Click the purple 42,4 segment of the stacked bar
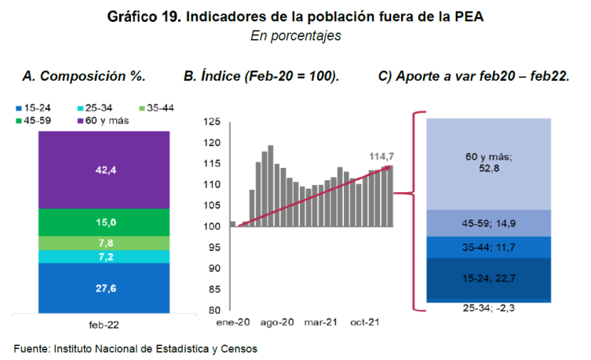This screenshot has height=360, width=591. coord(104,169)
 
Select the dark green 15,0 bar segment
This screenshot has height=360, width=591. coord(104,222)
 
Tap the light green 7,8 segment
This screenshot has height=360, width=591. coord(104,242)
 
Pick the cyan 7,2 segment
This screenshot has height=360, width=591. coord(104,256)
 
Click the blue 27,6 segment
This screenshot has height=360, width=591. coord(104,287)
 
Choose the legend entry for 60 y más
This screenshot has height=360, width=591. coord(102,121)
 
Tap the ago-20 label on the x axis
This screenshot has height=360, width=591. coord(277,322)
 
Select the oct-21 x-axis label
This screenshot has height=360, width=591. coord(366,322)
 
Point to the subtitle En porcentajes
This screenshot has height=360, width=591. coord(296,36)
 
